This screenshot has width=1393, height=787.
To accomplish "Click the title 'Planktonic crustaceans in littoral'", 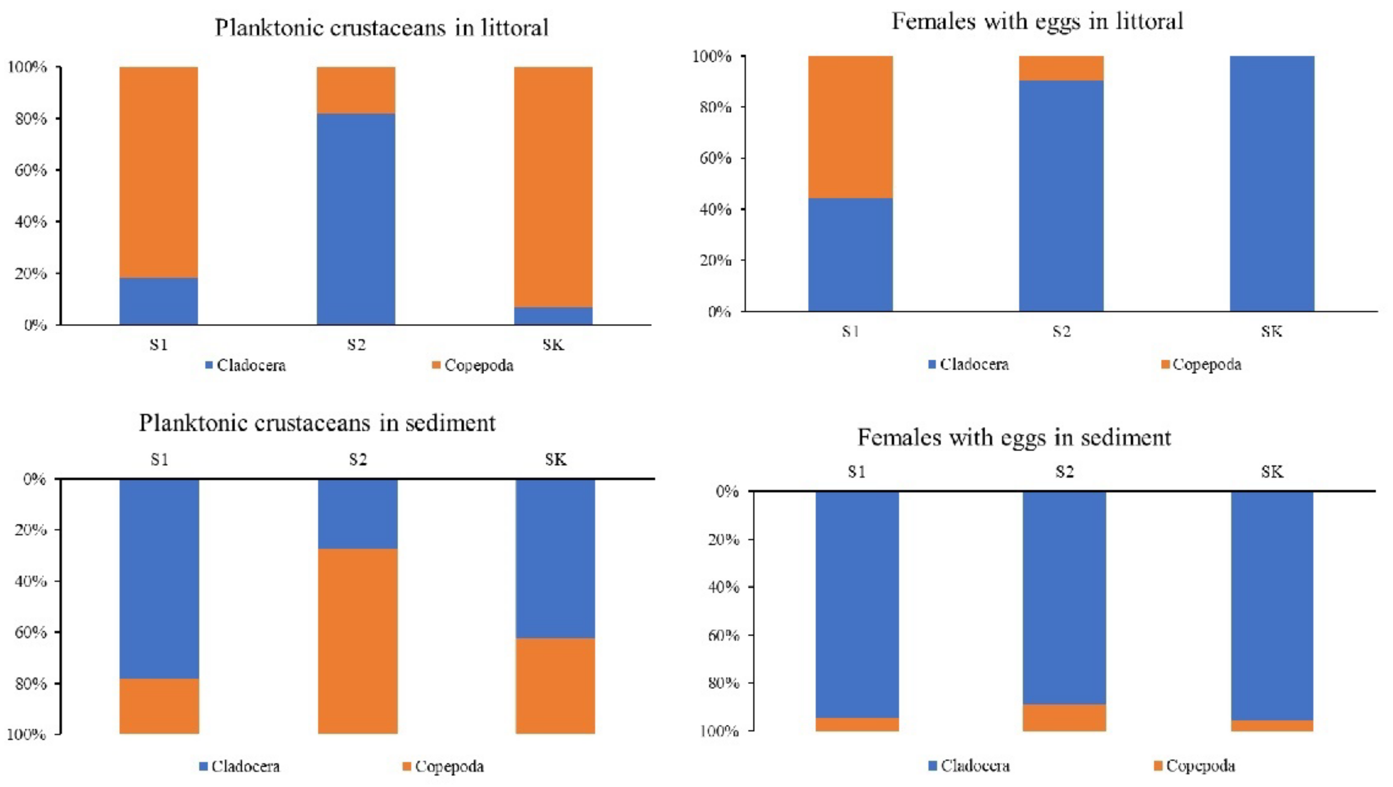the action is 382,27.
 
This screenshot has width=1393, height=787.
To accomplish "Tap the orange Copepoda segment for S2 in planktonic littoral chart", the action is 356,90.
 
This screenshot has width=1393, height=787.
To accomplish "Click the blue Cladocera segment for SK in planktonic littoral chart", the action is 553,316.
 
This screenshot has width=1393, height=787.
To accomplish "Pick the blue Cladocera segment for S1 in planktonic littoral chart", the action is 158,301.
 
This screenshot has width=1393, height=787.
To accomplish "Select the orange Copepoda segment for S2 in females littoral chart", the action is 1061,68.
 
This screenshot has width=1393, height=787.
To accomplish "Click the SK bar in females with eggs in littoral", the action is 1272,183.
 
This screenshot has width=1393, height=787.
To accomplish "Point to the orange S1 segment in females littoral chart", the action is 850,127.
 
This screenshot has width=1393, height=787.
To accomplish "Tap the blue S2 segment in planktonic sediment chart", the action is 357,514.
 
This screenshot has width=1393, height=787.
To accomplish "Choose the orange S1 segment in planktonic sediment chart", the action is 159,706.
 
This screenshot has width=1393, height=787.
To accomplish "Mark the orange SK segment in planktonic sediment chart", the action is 555,686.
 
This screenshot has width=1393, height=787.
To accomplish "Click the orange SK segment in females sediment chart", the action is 1272,725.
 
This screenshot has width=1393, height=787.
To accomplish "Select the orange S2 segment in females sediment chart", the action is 1064,718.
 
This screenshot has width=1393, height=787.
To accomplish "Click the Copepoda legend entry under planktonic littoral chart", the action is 472,366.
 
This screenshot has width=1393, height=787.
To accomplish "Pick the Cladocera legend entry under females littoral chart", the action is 969,364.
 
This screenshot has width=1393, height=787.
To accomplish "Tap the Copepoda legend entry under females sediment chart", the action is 1195,766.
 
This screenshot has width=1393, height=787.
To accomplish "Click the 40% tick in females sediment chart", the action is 723,587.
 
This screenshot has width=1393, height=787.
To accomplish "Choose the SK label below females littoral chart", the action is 1272,331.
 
